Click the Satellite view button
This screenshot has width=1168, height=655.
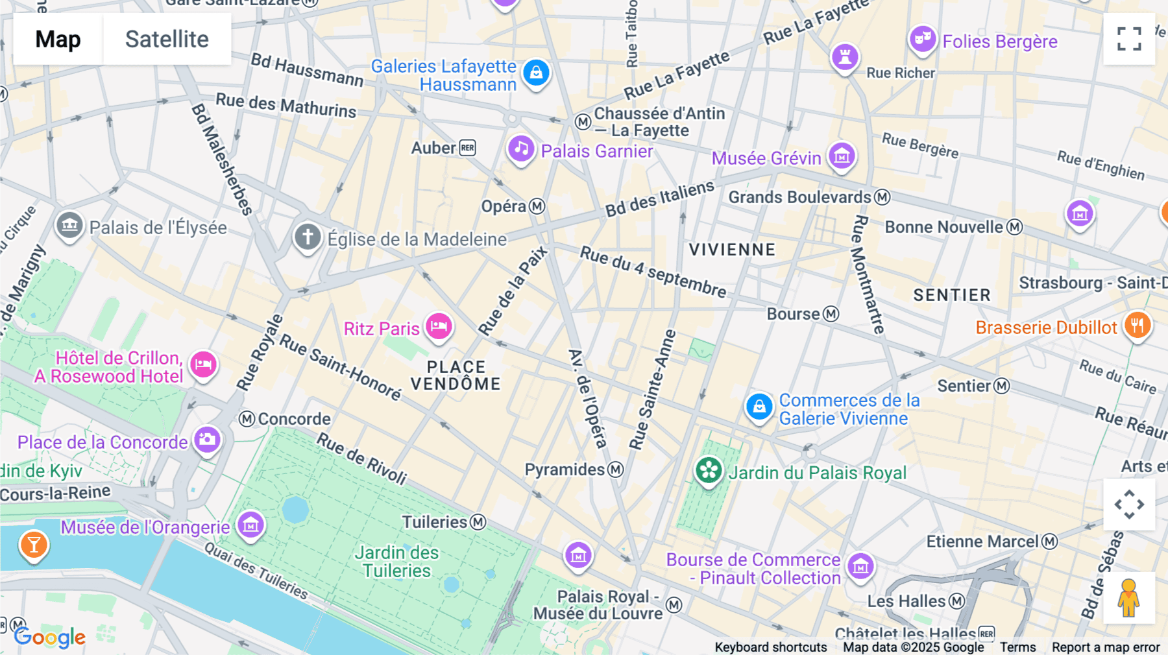pos(167,39)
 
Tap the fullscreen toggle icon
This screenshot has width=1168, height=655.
pos(1129,39)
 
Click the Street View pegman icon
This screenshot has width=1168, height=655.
pos(1129,598)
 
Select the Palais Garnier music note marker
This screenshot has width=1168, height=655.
pos(520,150)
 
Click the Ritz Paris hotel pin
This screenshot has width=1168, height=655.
pos(439,327)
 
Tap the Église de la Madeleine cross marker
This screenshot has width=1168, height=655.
pos(308,237)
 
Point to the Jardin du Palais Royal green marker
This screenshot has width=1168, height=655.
pos(709,471)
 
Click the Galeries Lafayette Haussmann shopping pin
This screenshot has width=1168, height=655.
pos(536,73)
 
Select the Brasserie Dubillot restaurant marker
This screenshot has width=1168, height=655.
pos(1137,326)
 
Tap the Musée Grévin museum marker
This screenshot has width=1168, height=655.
pos(842,156)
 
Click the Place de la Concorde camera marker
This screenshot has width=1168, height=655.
pos(207,440)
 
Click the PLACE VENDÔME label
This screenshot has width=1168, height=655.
pos(456,375)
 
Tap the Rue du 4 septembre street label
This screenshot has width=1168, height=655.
pos(653,271)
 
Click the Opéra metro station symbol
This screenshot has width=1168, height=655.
pos(537,206)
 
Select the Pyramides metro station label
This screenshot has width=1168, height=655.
pos(565,470)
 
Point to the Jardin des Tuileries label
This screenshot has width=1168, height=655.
pos(396,562)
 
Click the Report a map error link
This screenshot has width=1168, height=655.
pos(1106,647)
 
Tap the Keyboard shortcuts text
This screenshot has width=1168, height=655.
pos(770,647)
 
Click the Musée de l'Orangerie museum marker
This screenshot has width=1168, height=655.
pos(250,525)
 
